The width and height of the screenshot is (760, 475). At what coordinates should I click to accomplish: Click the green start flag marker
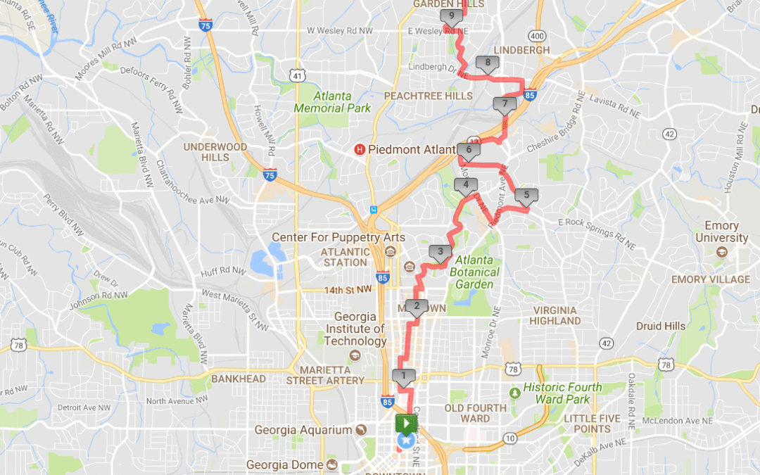click(x=407, y=424)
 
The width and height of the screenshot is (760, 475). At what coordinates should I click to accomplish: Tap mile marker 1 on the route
click(x=403, y=376)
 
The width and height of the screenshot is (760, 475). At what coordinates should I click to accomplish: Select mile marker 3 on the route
click(x=441, y=252)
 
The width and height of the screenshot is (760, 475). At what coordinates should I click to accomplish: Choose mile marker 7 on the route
click(x=505, y=105)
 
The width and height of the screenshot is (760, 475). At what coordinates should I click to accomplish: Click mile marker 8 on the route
click(x=488, y=63)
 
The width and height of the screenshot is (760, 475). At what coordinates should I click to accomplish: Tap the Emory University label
click(x=722, y=232)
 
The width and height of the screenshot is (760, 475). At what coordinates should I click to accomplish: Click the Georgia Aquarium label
click(x=303, y=430)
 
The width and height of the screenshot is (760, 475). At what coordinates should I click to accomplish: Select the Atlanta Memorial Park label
click(x=332, y=103)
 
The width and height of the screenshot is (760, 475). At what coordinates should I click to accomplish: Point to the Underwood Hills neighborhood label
click(x=216, y=152)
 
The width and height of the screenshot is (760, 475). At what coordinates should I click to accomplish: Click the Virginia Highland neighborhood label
click(x=556, y=315)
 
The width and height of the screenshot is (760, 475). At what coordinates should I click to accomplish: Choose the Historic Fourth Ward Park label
click(x=562, y=393)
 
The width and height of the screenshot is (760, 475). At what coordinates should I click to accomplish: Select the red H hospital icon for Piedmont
click(x=360, y=149)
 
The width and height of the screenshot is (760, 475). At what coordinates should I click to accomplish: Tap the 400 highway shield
click(x=538, y=35)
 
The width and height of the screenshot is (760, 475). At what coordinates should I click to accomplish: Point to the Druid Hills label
click(x=660, y=327)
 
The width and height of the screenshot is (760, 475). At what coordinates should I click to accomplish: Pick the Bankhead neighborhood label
click(x=240, y=379)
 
